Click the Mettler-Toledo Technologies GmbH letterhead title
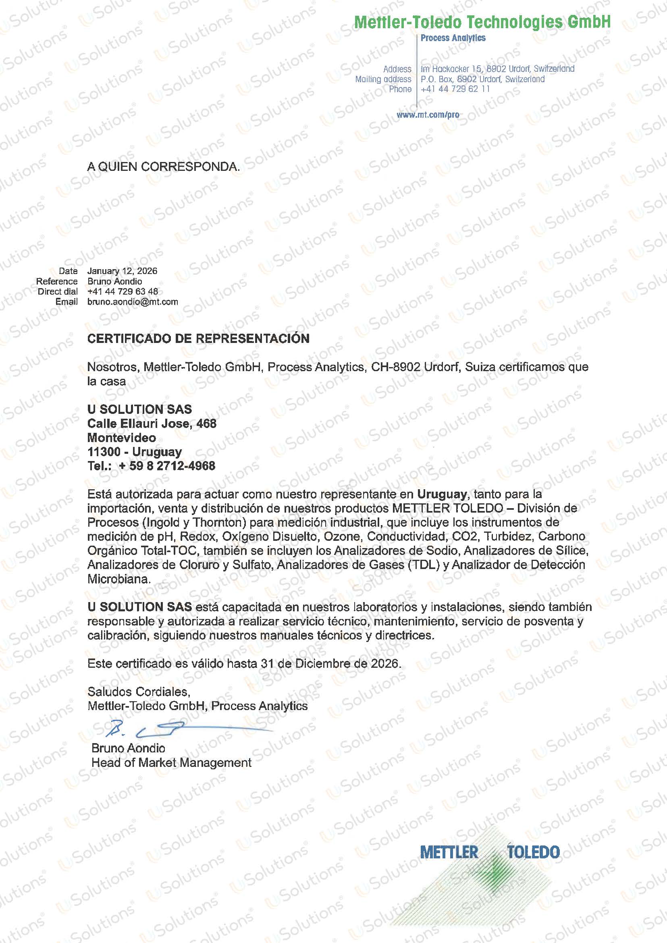tap(482, 22)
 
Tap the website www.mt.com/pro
tap(428, 115)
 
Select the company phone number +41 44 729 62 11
tap(455, 89)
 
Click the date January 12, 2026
tap(122, 271)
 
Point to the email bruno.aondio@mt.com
tap(133, 302)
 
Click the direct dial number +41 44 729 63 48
tap(123, 292)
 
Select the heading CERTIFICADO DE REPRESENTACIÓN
tap(198, 339)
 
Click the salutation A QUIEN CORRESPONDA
tap(164, 167)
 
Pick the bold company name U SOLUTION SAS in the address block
tap(139, 409)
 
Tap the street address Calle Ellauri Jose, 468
tap(152, 424)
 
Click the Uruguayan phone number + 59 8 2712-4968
tap(167, 466)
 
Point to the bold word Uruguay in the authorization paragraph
tap(442, 494)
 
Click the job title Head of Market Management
tap(171, 763)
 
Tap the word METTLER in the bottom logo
tap(449, 852)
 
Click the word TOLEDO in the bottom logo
tap(533, 852)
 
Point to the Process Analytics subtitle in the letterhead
tap(453, 38)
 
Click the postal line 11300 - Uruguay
tap(134, 452)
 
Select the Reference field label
tap(57, 281)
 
